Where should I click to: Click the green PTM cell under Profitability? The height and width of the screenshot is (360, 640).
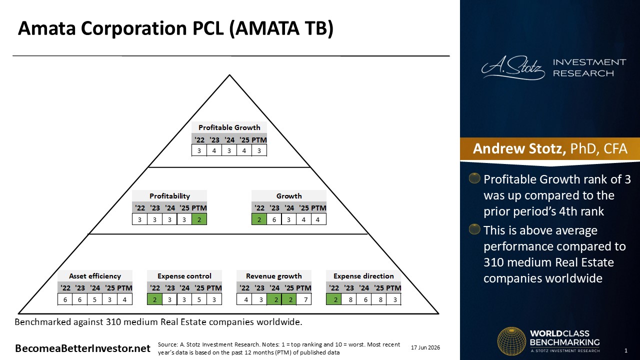pos(199,219)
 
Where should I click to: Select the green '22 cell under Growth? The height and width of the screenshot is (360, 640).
pos(259,219)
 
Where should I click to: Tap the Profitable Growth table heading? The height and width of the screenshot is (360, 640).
pos(229,127)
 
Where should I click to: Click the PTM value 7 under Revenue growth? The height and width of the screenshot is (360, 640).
pos(303,299)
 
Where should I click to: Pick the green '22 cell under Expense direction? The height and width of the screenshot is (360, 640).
pos(333,299)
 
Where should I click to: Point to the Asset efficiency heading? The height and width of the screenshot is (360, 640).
pos(95,276)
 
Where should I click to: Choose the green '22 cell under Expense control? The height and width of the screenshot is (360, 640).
pos(154,299)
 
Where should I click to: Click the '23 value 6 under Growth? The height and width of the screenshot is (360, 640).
pos(274,219)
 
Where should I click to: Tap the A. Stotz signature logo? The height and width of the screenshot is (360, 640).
pos(513,67)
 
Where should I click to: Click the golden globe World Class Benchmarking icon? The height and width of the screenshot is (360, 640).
pos(511,341)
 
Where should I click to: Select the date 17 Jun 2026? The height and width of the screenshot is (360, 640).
pos(425,347)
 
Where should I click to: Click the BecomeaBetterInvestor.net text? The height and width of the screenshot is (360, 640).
pos(82,348)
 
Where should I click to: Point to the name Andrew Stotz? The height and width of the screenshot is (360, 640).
pos(519,148)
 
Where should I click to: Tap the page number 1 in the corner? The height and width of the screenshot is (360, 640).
pos(626,350)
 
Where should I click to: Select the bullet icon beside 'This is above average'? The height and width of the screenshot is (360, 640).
pos(474,229)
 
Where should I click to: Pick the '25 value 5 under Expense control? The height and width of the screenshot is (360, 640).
pos(199,299)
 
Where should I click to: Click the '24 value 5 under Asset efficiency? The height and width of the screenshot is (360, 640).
pos(94,299)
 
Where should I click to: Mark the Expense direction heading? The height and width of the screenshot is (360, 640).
pos(363,276)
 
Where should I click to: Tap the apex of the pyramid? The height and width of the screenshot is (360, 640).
pos(229,75)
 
